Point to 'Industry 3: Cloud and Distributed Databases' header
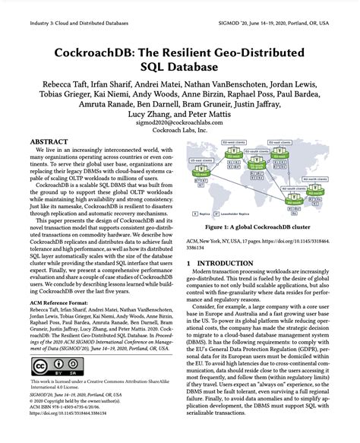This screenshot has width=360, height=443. click(71, 7)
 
